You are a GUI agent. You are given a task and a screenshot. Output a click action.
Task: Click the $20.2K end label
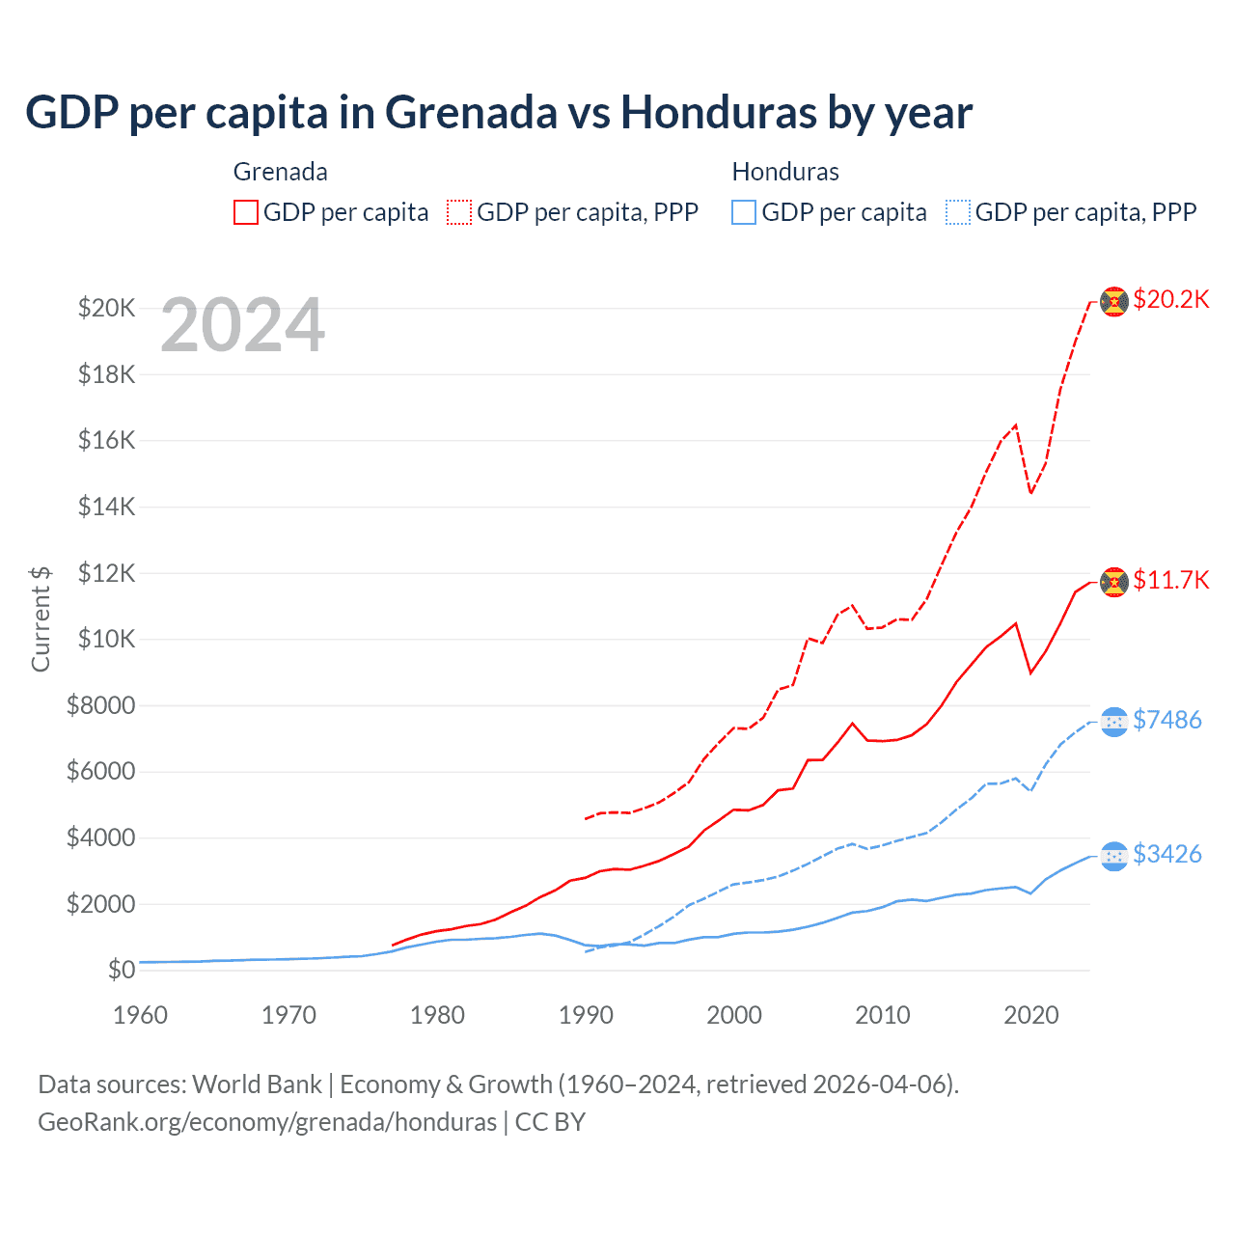1170,299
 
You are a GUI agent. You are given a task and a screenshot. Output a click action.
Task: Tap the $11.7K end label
1170,580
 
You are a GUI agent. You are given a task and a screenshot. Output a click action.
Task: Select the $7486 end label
1166,720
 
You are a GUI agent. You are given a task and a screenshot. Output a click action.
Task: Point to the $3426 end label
1166,854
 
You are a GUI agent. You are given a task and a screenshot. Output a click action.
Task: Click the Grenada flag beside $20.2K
1114,301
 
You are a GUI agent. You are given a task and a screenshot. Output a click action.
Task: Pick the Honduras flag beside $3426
1114,856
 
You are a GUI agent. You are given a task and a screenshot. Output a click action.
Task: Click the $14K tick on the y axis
106,507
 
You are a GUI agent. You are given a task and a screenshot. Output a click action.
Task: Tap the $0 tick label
121,970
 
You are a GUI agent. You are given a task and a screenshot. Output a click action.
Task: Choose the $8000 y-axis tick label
100,705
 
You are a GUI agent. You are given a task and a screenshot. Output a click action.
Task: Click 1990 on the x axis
586,1015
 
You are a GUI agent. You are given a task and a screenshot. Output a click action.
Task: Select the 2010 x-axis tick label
883,1015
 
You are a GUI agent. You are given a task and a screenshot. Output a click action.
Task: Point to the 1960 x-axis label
140,1015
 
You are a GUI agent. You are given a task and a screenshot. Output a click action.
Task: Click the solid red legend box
246,212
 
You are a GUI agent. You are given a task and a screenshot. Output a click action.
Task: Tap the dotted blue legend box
958,212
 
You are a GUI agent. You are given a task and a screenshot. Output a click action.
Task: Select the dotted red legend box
460,212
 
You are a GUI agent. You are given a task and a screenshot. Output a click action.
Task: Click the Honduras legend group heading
785,172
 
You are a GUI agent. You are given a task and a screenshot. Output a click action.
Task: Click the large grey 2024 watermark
242,326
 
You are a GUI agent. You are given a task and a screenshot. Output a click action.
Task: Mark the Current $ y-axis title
41,618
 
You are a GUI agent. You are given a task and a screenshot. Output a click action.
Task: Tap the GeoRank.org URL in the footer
267,1122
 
